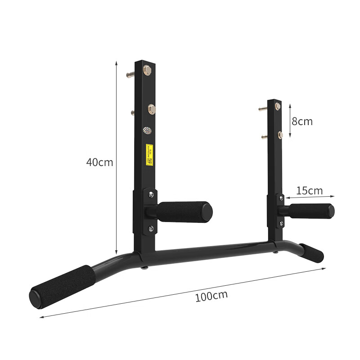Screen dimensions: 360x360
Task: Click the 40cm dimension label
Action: (99, 162)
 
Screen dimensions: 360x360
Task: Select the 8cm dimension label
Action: (301, 121)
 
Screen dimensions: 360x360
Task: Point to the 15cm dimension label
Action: (309, 190)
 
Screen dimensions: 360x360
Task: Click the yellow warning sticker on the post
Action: (149, 154)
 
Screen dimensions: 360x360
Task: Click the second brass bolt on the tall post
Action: (151, 109)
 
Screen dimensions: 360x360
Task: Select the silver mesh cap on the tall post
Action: (147, 130)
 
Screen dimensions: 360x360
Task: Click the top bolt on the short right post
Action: (278, 106)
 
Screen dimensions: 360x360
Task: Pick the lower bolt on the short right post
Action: (280, 135)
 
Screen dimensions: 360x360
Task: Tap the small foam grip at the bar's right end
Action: (311, 253)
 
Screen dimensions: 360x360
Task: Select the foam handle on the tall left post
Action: (184, 211)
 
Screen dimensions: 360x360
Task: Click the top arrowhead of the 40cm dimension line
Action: (117, 63)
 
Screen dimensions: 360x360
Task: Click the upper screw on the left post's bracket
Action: (151, 194)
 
